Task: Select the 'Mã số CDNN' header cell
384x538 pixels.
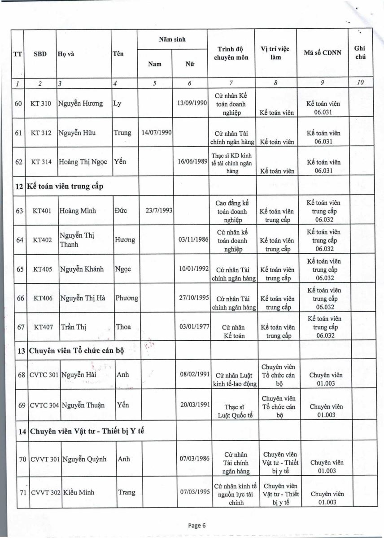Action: (x=322, y=52)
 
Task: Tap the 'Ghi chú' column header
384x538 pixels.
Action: (x=360, y=52)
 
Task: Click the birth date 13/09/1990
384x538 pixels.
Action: (x=192, y=103)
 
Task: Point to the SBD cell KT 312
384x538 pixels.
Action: (x=40, y=133)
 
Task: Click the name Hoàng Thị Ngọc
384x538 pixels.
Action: (x=83, y=162)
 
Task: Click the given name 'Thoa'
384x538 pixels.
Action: (x=123, y=327)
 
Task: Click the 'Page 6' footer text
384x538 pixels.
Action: (x=196, y=526)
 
